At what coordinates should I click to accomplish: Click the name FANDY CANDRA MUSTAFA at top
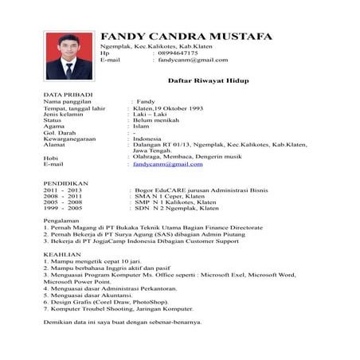click(186, 36)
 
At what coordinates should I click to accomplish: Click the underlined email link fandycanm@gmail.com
click(167, 163)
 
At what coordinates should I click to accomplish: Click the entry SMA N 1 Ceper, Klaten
click(170, 197)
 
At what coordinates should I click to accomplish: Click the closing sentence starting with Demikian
click(121, 323)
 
